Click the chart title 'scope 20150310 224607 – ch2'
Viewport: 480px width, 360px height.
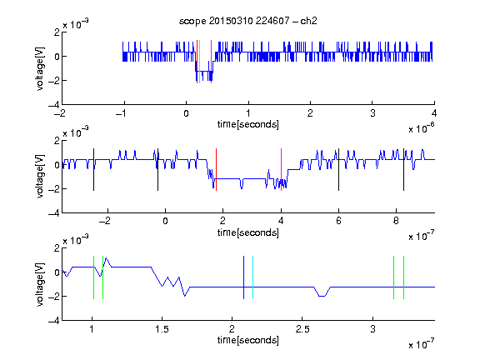point(247,21)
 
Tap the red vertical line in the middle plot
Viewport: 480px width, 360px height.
point(216,170)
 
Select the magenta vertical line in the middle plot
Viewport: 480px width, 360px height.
point(281,170)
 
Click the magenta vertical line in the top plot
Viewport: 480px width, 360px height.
point(211,62)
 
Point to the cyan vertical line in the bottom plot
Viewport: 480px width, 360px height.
point(252,277)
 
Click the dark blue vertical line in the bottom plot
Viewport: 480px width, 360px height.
point(243,277)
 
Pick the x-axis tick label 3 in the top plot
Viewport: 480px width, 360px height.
point(372,113)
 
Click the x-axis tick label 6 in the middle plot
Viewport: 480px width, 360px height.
point(338,221)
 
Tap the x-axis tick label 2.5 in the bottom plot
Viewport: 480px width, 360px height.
point(302,329)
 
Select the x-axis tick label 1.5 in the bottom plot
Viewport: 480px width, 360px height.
point(162,329)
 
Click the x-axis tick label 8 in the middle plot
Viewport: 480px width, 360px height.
point(396,221)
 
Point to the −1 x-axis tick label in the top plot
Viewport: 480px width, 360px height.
point(121,113)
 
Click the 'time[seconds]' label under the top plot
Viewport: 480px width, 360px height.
point(248,124)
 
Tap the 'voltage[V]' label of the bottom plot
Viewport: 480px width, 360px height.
point(40,284)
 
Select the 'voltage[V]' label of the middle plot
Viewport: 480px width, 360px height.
point(40,177)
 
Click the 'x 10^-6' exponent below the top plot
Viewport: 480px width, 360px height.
point(421,127)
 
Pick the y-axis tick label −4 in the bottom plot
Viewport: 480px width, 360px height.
point(54,321)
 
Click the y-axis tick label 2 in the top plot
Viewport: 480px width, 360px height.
point(57,32)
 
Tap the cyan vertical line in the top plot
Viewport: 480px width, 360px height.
point(200,62)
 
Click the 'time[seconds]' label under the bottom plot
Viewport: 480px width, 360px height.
point(248,340)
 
